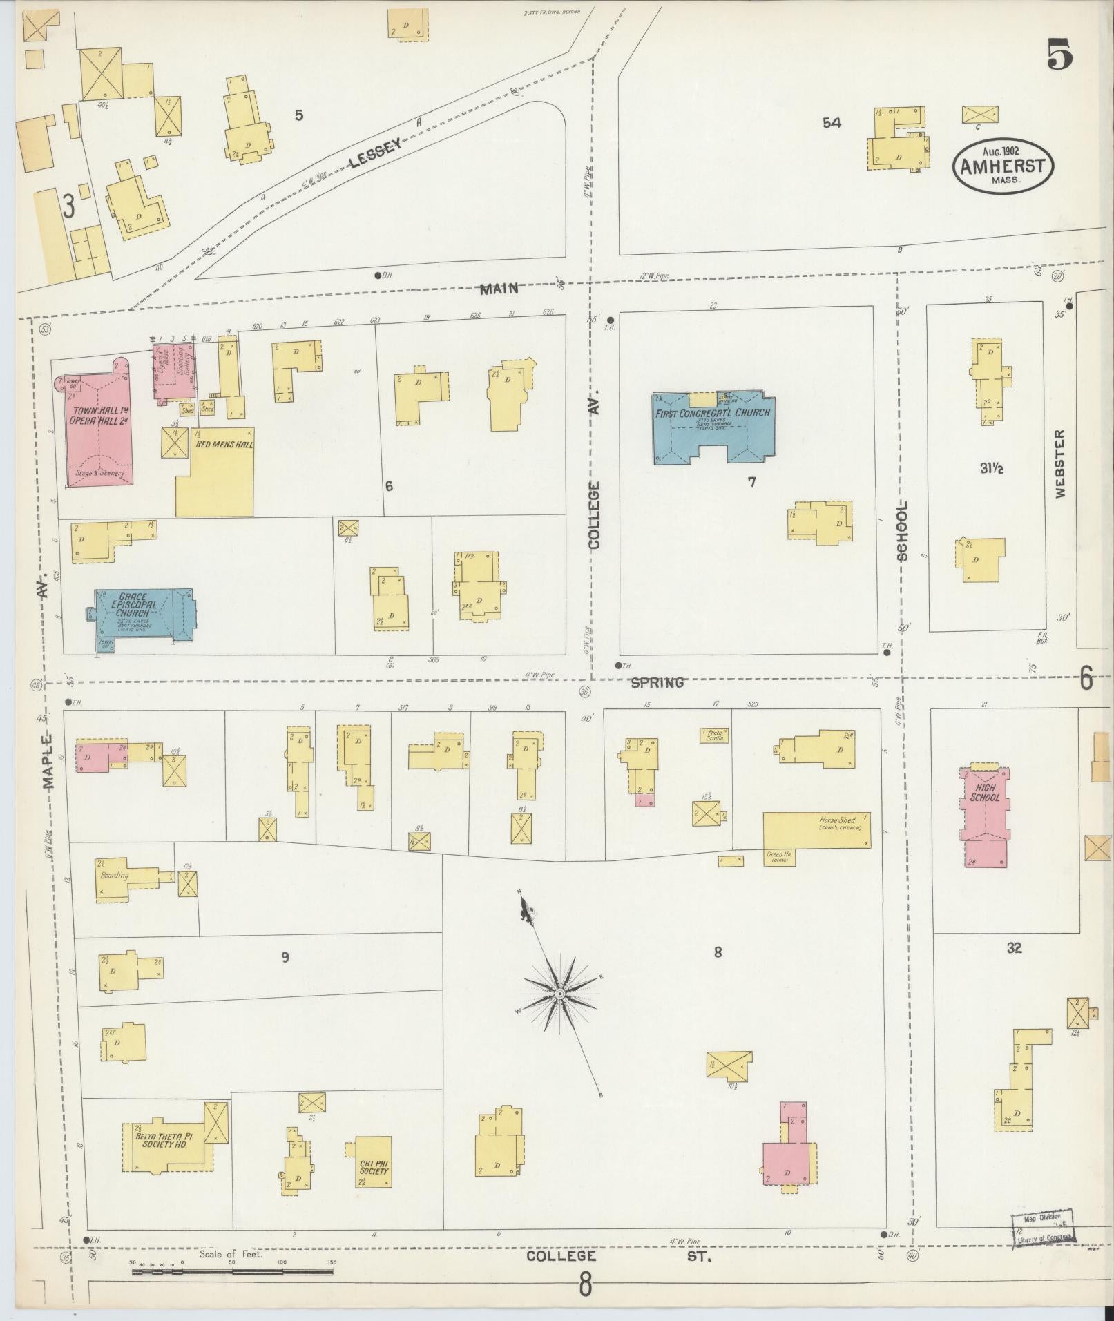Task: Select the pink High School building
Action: coord(984,815)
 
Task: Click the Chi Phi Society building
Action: coord(374,1161)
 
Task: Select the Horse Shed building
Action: coord(816,829)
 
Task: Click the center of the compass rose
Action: coord(560,993)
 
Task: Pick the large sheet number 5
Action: coord(1059,55)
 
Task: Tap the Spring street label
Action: coord(657,682)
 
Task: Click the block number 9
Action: coord(285,957)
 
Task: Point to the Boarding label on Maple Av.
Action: coord(114,876)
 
